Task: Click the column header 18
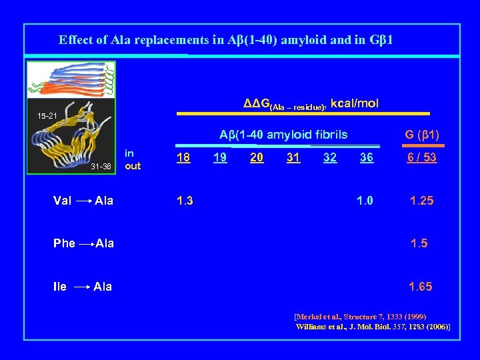pos(183,158)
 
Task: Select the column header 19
pos(219,158)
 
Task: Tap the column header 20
pos(256,158)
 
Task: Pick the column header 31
pos(293,158)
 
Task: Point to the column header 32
pos(329,158)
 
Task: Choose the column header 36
pos(366,158)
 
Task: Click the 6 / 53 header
pos(421,158)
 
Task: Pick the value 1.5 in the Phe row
pos(420,243)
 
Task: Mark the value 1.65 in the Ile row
pos(420,287)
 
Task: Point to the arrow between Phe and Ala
pos(85,244)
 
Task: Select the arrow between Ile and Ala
pos(81,287)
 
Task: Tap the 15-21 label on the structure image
pos(47,117)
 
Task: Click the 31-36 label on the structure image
pos(101,167)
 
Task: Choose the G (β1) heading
pos(421,135)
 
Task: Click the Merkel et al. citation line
pos(360,316)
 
